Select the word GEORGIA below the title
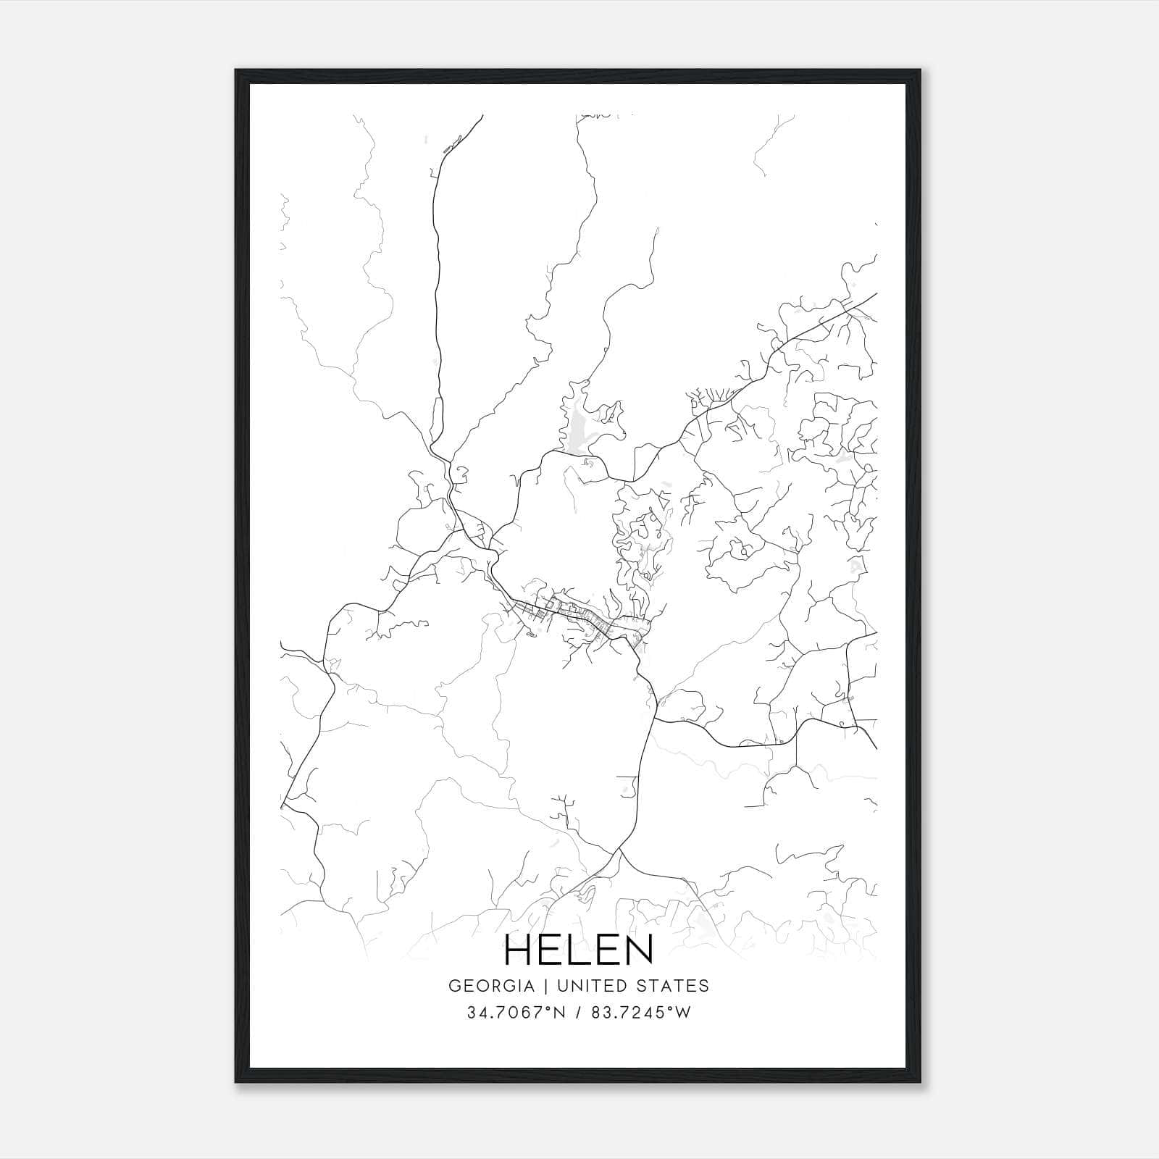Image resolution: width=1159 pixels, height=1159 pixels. (491, 986)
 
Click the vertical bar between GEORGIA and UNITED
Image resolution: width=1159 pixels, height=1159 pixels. (541, 986)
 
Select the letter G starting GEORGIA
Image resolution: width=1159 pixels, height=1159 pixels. (455, 986)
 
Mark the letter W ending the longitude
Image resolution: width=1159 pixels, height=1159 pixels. (683, 1013)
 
